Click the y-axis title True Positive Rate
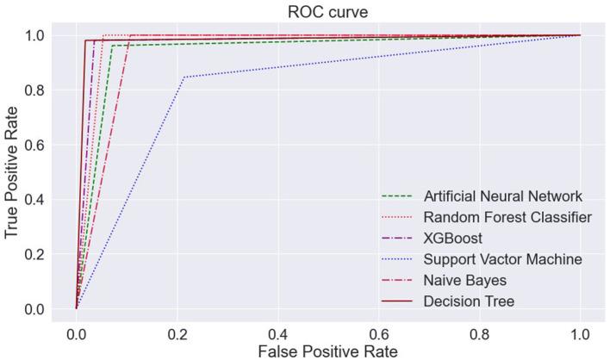(x=12, y=171)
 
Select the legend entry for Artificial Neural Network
(x=502, y=196)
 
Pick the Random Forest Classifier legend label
(x=507, y=217)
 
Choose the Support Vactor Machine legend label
(x=503, y=259)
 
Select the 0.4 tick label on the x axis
(x=277, y=332)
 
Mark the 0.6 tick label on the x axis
(x=378, y=332)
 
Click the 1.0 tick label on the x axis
(x=580, y=332)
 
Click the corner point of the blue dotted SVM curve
(x=184, y=77)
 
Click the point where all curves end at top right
(x=580, y=35)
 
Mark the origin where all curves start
(x=77, y=308)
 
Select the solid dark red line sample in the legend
(x=398, y=301)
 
